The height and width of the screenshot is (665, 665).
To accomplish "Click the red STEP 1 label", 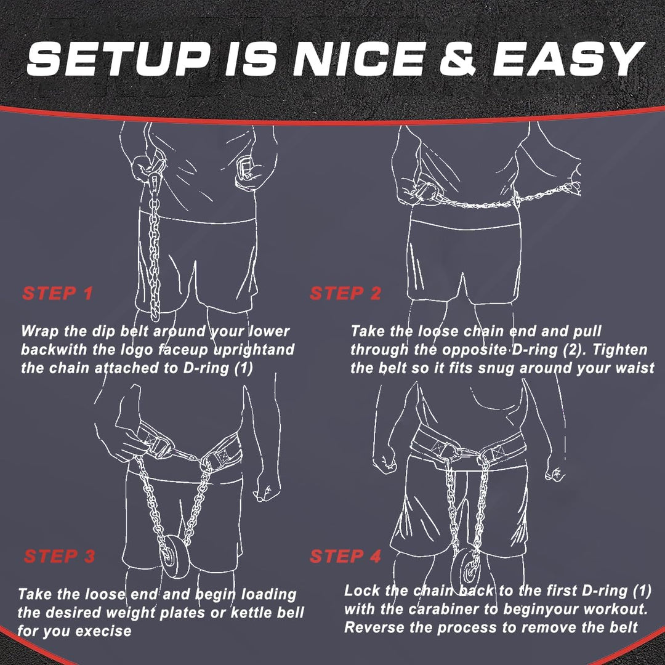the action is click(57, 294).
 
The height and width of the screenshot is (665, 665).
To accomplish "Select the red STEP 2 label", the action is click(345, 294).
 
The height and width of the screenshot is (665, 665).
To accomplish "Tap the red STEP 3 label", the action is click(59, 557).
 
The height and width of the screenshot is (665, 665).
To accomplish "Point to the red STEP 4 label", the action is click(345, 557).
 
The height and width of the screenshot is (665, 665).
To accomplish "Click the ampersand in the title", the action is click(458, 59).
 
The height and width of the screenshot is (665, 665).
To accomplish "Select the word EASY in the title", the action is click(568, 59).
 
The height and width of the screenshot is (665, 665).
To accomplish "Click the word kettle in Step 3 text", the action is click(251, 613).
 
